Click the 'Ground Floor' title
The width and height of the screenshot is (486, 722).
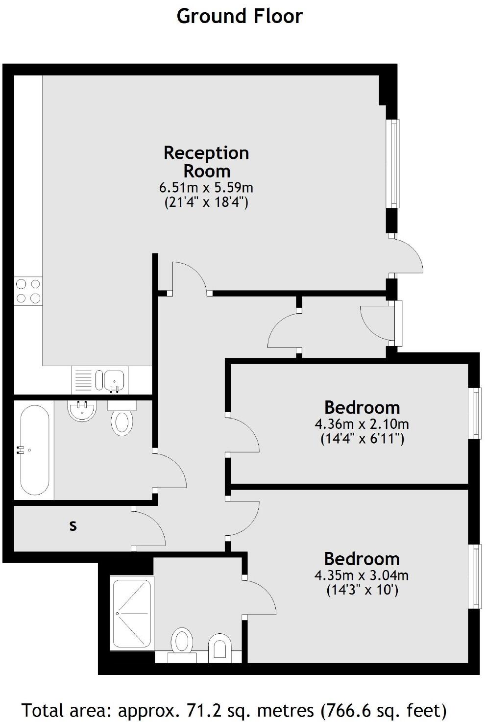(x=240, y=16)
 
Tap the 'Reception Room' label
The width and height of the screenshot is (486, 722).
(x=206, y=162)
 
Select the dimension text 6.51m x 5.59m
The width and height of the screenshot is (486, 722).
(x=206, y=187)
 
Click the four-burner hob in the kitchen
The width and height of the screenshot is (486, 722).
(x=28, y=291)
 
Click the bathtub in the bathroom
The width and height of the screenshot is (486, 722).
(x=34, y=449)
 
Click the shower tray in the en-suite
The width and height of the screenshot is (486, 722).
(x=132, y=614)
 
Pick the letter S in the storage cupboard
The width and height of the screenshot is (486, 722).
(x=73, y=526)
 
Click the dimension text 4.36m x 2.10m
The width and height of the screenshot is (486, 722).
(x=362, y=423)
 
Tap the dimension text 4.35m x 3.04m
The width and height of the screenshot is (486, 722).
(x=362, y=574)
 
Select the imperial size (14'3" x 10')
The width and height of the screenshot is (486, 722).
(x=362, y=590)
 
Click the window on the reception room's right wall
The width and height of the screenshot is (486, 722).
(x=393, y=164)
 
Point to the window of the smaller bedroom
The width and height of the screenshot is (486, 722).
(x=474, y=413)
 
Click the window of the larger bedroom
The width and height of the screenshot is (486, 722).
(x=474, y=576)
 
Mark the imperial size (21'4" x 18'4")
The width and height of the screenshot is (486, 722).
(x=206, y=202)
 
